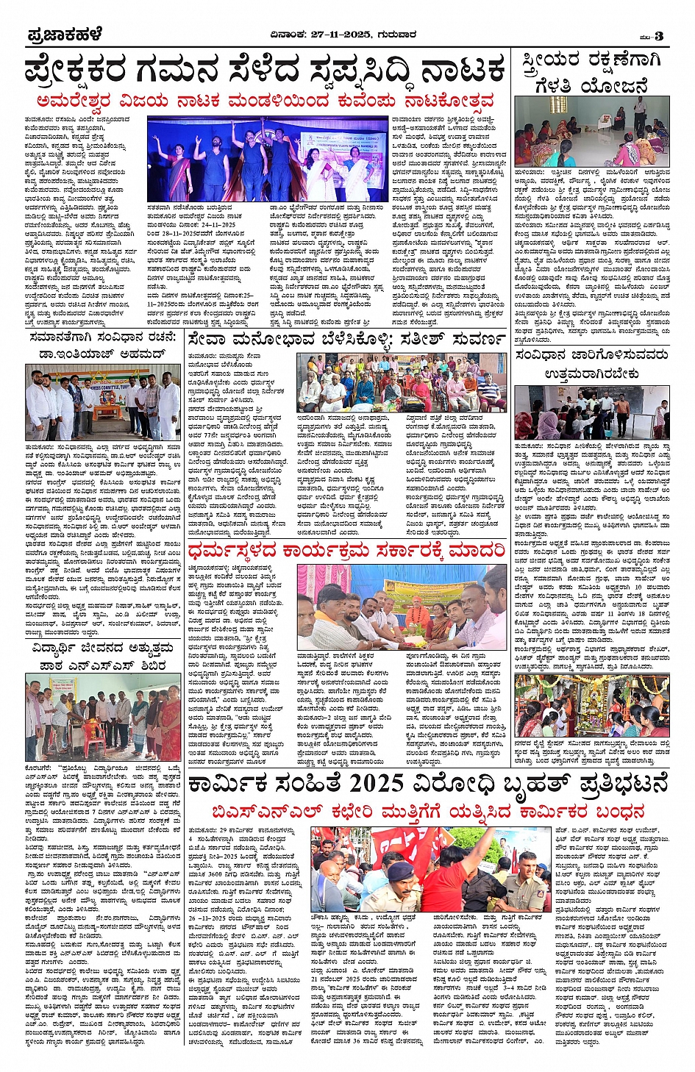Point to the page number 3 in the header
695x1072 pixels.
659,36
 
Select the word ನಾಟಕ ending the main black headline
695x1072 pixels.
463,71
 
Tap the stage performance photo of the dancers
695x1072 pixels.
268,159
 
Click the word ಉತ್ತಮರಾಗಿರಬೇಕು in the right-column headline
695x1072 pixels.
591,374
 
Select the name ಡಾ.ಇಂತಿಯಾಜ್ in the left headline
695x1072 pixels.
76,354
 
